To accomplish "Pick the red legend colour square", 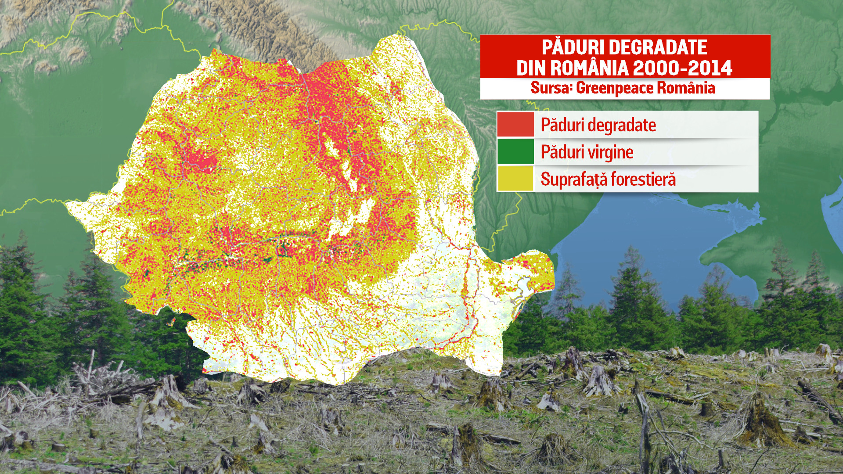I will tap(515, 125).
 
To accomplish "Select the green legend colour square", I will tap(515, 151).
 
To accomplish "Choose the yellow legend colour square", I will tap(515, 178).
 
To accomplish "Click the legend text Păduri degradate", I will tap(598, 125).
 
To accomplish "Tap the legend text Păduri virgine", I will tap(587, 152).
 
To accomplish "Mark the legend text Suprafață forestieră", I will tap(608, 179).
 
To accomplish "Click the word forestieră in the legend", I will tap(643, 179).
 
